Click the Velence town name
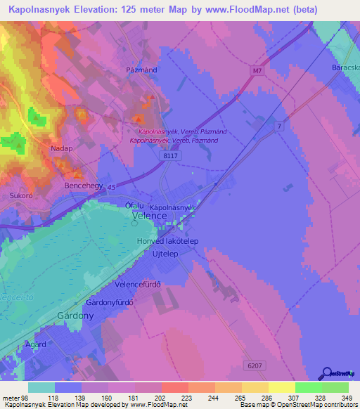pos(150,216)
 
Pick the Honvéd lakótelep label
pos(168,240)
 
